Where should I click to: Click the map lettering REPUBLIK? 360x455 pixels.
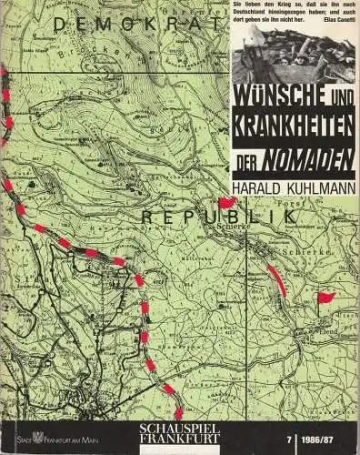coord(190,218)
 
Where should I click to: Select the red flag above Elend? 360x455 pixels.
coord(325,297)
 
